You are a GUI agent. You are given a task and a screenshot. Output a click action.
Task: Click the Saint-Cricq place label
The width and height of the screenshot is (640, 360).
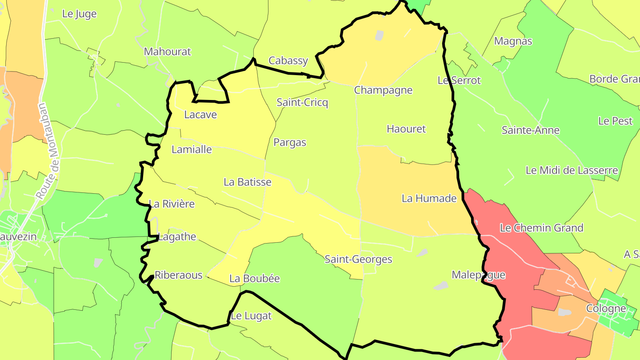[302, 103]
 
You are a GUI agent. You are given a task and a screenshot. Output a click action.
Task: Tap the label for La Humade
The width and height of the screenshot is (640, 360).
[429, 199]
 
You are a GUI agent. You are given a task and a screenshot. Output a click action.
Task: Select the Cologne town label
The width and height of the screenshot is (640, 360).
[606, 308]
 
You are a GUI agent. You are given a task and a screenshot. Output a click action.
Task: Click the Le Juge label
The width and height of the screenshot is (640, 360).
[79, 14]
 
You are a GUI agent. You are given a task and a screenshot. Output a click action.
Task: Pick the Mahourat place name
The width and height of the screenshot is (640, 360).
[167, 52]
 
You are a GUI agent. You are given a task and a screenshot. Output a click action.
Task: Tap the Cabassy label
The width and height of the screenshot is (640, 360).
[288, 61]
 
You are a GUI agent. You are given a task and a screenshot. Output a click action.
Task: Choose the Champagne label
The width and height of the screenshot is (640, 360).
[383, 90]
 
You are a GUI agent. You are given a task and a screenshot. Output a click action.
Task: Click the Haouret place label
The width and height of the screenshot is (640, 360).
[406, 129]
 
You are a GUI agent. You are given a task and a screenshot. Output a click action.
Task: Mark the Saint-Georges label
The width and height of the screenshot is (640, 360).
[358, 259]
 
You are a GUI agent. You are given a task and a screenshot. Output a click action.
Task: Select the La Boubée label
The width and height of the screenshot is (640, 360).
[254, 279]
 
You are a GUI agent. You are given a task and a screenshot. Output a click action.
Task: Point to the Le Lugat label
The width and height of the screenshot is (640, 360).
[251, 316]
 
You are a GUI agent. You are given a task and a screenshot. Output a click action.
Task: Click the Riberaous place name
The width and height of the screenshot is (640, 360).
[178, 275]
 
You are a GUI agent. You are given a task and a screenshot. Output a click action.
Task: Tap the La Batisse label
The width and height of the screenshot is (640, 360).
[247, 182]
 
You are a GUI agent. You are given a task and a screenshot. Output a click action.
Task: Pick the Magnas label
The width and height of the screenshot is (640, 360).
[513, 41]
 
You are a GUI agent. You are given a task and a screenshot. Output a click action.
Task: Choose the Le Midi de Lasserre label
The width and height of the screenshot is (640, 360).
[572, 170]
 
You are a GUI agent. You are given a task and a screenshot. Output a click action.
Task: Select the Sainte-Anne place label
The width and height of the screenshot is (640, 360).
[530, 130]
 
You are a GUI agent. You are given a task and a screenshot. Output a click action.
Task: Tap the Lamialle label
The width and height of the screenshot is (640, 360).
[192, 149]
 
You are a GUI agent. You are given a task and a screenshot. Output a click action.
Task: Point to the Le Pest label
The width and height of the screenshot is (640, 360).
[615, 121]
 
